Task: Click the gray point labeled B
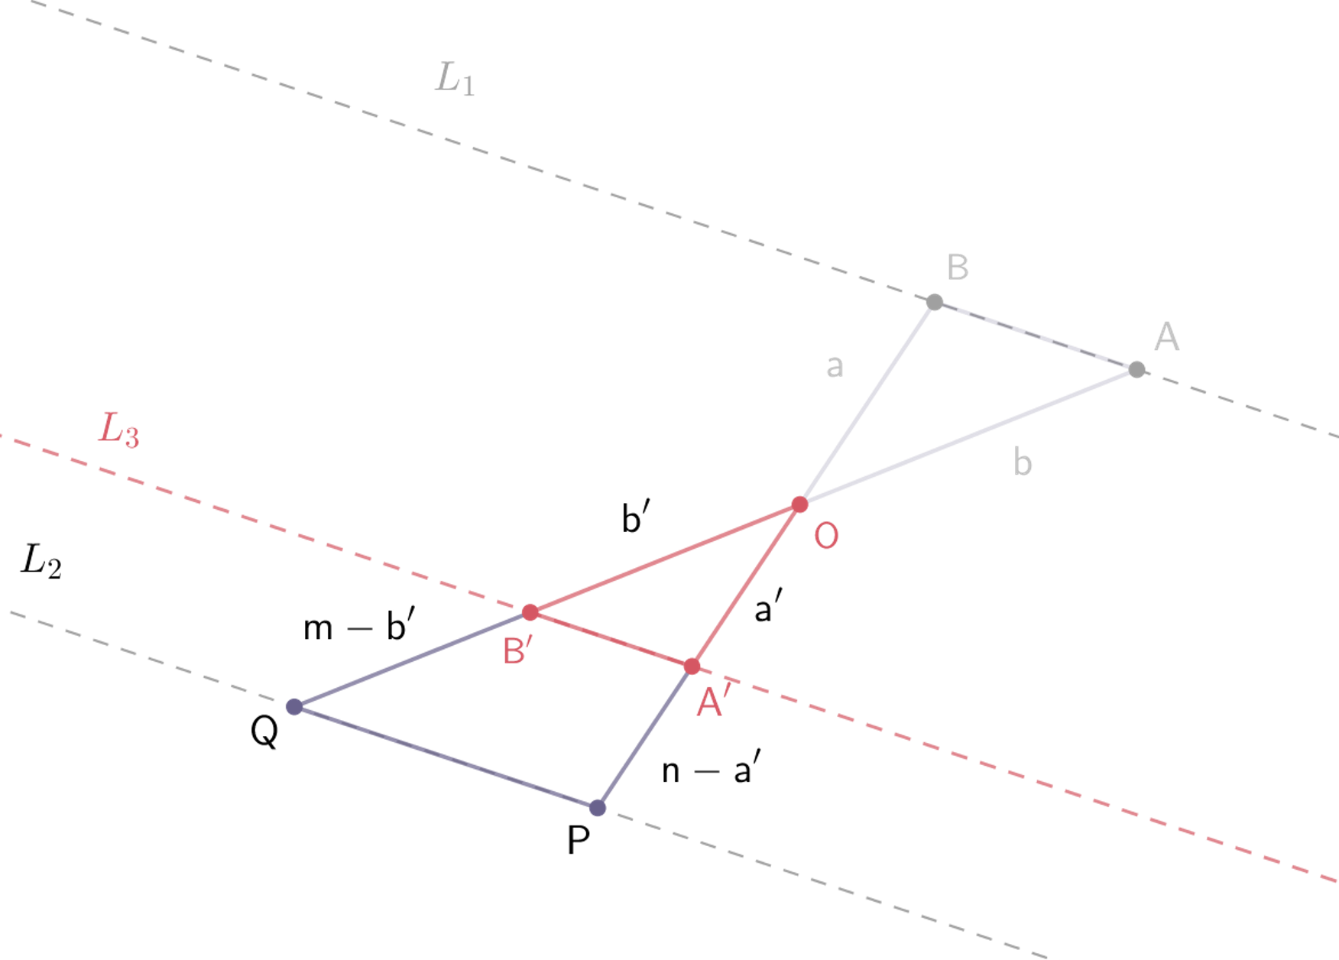tap(934, 302)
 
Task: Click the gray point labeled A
tap(1137, 370)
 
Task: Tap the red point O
tap(800, 504)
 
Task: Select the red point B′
tap(530, 612)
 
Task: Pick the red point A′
tap(692, 666)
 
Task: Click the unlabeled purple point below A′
tap(598, 808)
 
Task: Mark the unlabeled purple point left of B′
tap(293, 707)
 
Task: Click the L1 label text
tap(455, 79)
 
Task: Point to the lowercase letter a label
tap(835, 367)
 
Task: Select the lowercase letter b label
tap(1022, 462)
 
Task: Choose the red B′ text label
tap(517, 651)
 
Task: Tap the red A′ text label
tap(714, 700)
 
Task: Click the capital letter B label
tap(958, 268)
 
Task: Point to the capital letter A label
tap(1167, 336)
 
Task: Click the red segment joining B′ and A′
tap(611, 640)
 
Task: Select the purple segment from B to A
tap(1036, 336)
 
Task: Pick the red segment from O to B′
tap(665, 559)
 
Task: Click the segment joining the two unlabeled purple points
tap(446, 757)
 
